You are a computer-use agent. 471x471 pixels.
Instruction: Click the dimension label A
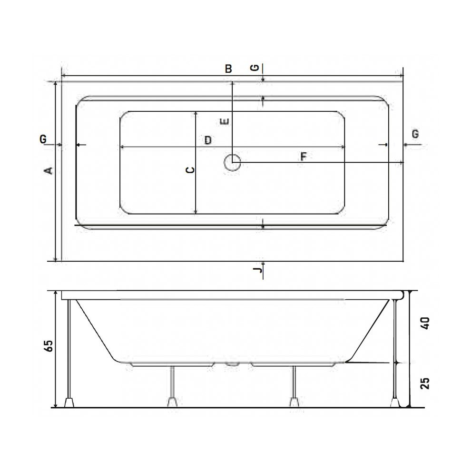(48, 170)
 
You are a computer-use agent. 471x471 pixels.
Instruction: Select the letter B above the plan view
(228, 69)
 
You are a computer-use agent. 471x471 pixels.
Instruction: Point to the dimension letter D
(207, 140)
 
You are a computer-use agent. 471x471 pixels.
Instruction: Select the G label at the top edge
(255, 68)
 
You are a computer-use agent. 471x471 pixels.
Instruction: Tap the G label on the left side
(43, 139)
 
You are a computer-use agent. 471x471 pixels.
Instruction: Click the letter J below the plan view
(257, 271)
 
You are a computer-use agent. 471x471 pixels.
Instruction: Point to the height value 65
(49, 346)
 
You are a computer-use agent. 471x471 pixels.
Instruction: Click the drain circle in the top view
(233, 163)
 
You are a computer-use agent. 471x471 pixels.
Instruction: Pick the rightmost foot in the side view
(394, 402)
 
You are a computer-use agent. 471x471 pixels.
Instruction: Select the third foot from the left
(294, 402)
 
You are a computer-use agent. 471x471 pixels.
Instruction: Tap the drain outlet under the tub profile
(232, 364)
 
